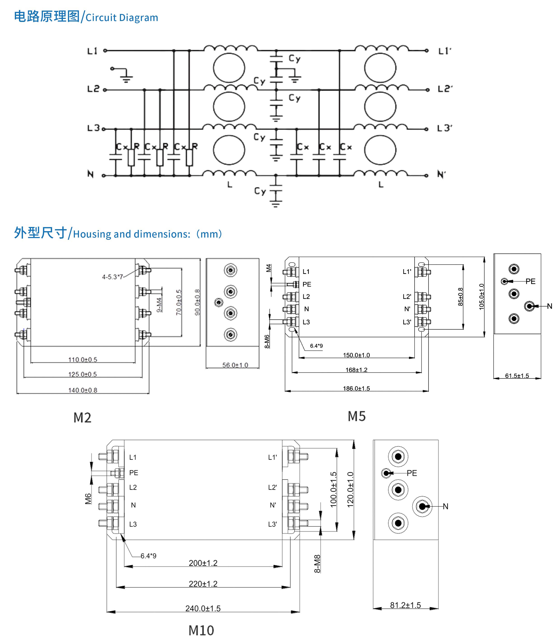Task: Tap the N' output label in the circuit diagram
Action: [x=441, y=174]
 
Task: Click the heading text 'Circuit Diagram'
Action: [x=122, y=18]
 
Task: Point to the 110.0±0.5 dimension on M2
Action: [x=83, y=359]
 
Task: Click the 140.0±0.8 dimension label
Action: [x=83, y=390]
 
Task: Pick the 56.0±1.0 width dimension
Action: [x=235, y=365]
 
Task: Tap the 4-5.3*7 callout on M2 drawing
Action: [x=112, y=277]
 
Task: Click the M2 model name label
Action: [x=82, y=417]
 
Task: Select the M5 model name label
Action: [x=357, y=416]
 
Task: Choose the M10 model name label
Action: [x=201, y=630]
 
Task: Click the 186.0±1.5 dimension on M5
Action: [x=356, y=389]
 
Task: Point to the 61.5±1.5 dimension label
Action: [x=517, y=376]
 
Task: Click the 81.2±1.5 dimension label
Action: [x=405, y=605]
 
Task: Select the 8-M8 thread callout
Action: [x=317, y=564]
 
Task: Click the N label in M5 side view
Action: [x=549, y=306]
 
